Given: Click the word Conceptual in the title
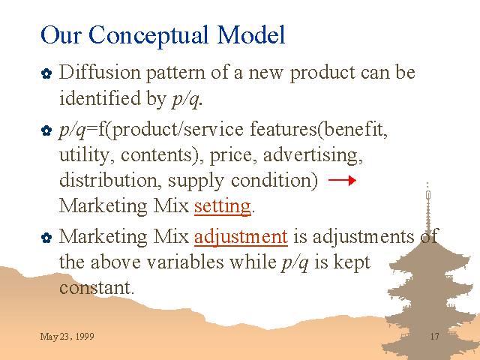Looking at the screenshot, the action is [148, 36].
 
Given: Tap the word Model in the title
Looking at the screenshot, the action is [251, 34].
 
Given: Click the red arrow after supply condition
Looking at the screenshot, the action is [342, 180].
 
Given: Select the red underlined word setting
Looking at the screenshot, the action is [223, 206].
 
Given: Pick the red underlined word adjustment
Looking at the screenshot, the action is [241, 237].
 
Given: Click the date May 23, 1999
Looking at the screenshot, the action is [67, 337].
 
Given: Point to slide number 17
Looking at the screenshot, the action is [435, 337].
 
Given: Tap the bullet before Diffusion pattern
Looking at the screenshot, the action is [46, 73].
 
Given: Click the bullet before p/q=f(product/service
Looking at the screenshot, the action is [46, 130].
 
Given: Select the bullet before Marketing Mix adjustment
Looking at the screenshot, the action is [46, 238].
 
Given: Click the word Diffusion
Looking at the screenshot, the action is [100, 72].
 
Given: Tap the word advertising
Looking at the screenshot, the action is [313, 155].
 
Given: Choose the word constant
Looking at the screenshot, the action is [97, 288].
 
